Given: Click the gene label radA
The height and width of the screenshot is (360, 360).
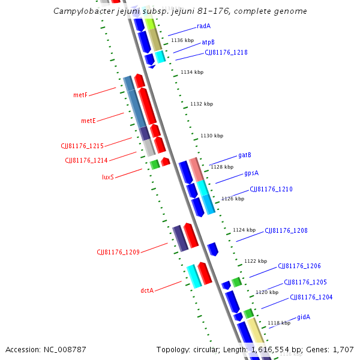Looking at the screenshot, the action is pos(203,26).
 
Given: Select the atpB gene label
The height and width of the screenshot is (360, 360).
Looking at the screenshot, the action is pos(208,42).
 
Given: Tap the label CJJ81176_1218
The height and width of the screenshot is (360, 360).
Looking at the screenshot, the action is pos(226,52).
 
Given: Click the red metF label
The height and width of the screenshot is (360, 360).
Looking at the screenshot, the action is pos(80,95).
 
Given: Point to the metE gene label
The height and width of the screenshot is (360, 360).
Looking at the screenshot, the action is pos(88,121).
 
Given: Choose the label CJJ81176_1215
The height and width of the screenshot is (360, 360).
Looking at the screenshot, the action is pos(82,146).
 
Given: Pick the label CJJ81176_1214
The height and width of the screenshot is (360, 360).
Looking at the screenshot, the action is pos(86,160).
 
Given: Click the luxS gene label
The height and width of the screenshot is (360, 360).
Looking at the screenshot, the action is pos(108,177).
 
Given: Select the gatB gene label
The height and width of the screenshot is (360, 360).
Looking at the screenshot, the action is pos(244,155).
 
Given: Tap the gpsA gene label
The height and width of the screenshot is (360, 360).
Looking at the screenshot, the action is pos(251,173).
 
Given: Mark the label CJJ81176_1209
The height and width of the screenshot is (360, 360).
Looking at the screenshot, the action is pos(118,252).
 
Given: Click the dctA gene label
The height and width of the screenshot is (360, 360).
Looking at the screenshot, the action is pos(147,290).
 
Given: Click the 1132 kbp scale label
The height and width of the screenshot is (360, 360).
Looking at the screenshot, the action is pos(202,104).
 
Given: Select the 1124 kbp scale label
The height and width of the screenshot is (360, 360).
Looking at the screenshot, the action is pos(244,230).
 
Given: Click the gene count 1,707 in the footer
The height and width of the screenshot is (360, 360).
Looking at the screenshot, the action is pos(343,349).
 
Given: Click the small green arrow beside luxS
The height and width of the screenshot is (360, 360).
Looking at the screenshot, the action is pos(155,164).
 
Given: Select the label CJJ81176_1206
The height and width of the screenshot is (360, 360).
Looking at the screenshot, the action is pos(299,266).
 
